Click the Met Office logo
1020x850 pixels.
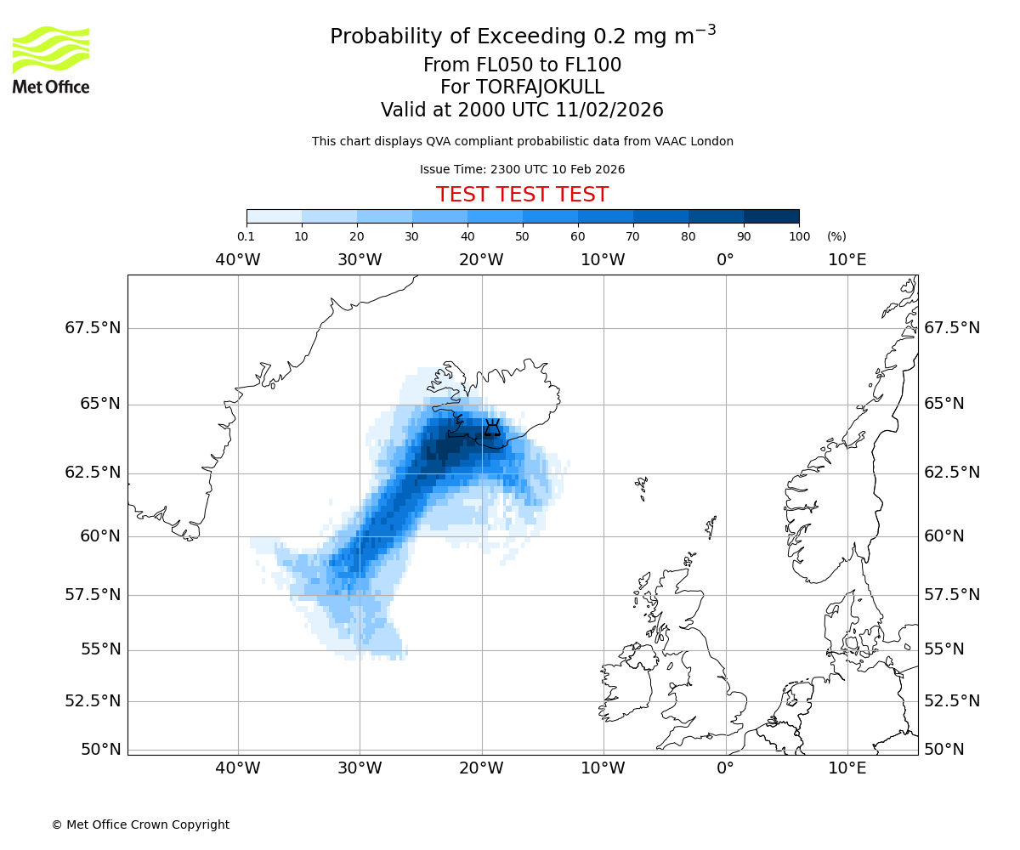click(51, 59)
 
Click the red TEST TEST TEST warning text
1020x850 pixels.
click(522, 195)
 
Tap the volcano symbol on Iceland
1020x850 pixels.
click(492, 428)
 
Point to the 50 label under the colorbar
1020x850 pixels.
click(522, 236)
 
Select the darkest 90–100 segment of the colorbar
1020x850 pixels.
click(771, 217)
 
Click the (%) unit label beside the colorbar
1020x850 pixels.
click(836, 236)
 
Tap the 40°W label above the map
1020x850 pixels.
click(238, 260)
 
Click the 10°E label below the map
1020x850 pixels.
click(847, 769)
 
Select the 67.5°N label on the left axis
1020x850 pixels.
click(93, 328)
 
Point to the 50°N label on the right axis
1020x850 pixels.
click(943, 750)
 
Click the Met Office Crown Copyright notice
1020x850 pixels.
click(140, 824)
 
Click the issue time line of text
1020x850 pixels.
click(522, 169)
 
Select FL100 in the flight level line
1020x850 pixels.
click(590, 65)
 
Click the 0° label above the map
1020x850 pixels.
click(725, 260)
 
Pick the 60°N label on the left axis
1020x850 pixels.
click(100, 536)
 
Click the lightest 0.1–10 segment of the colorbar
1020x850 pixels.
click(274, 217)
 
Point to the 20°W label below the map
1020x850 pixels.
click(482, 769)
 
